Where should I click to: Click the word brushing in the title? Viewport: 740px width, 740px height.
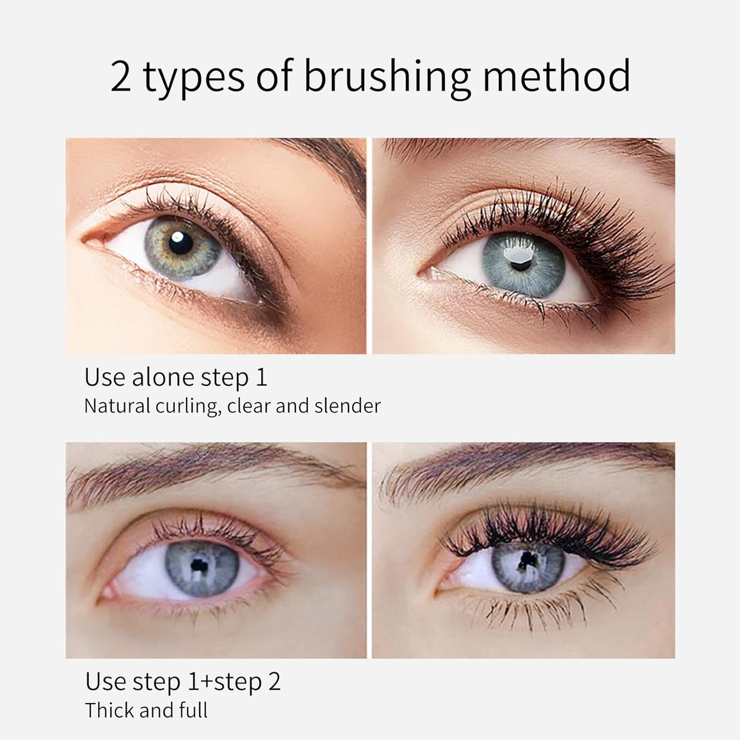pyautogui.click(x=387, y=77)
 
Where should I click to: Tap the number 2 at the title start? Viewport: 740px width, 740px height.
pyautogui.click(x=121, y=77)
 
